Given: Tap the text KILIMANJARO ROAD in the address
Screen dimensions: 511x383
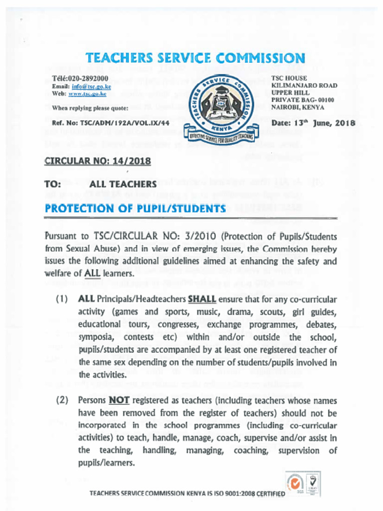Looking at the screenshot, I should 304,86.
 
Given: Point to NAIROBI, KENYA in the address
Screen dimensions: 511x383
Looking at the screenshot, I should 298,107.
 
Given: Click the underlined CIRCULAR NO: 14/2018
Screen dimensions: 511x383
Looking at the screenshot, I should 98,161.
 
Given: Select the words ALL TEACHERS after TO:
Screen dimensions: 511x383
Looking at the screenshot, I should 123,184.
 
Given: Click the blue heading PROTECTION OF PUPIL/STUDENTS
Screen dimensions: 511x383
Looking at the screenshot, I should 135,208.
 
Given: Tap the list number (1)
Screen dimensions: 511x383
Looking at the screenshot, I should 62,300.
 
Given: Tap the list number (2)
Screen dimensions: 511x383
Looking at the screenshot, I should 62,401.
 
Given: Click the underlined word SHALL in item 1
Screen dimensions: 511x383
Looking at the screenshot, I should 202,300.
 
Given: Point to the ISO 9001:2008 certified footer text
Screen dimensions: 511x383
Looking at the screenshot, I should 187,494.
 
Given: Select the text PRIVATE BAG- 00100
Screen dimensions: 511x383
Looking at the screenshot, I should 303,100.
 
